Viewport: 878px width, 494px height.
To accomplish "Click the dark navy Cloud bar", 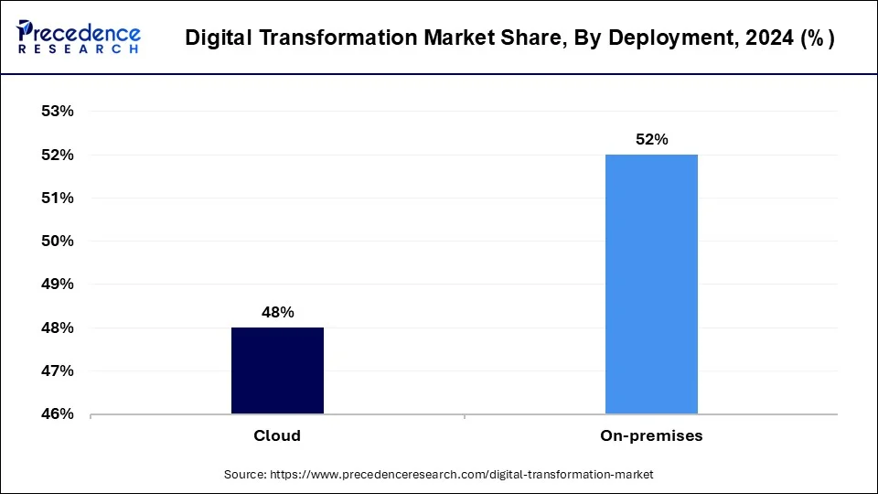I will click(277, 370).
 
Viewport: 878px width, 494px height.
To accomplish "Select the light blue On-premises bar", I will click(651, 284).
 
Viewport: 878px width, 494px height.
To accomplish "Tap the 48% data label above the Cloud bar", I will click(277, 312).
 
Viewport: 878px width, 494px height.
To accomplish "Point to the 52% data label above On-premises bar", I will click(651, 139).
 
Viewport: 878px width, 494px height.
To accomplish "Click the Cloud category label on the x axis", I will click(277, 436).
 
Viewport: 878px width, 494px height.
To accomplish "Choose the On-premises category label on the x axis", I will click(651, 436).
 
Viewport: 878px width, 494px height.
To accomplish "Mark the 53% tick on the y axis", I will click(57, 112).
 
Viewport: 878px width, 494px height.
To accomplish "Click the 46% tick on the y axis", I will click(57, 414).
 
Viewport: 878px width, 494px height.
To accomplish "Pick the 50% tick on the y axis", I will click(57, 242).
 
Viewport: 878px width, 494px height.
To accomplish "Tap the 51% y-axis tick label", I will click(57, 199).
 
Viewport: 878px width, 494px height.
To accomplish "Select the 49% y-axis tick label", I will click(57, 285).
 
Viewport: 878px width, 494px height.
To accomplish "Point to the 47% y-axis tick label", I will click(57, 371).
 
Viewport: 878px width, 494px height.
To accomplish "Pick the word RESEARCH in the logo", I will click(78, 48).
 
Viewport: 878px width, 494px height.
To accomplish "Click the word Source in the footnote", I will click(243, 475).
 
